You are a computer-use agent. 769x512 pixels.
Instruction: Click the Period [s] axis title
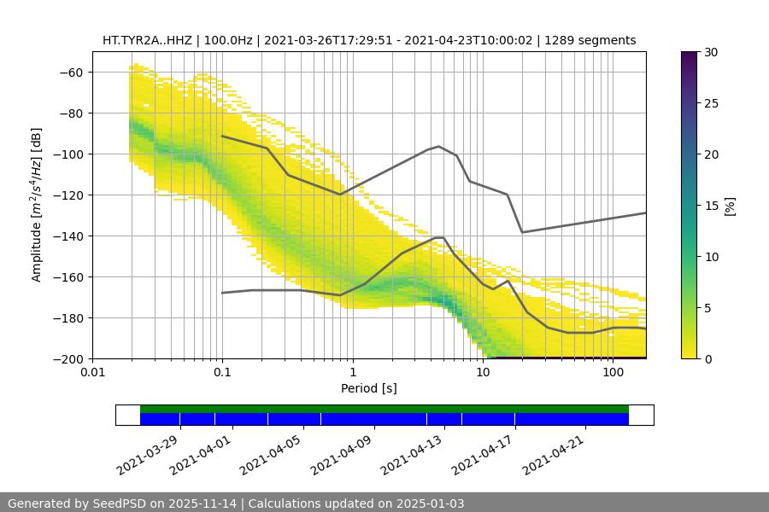click(x=368, y=389)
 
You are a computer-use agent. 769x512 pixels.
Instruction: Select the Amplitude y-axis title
click(x=37, y=205)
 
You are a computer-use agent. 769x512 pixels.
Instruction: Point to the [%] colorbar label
click(x=730, y=206)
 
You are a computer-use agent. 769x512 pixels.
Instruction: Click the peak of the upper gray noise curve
click(x=439, y=146)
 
